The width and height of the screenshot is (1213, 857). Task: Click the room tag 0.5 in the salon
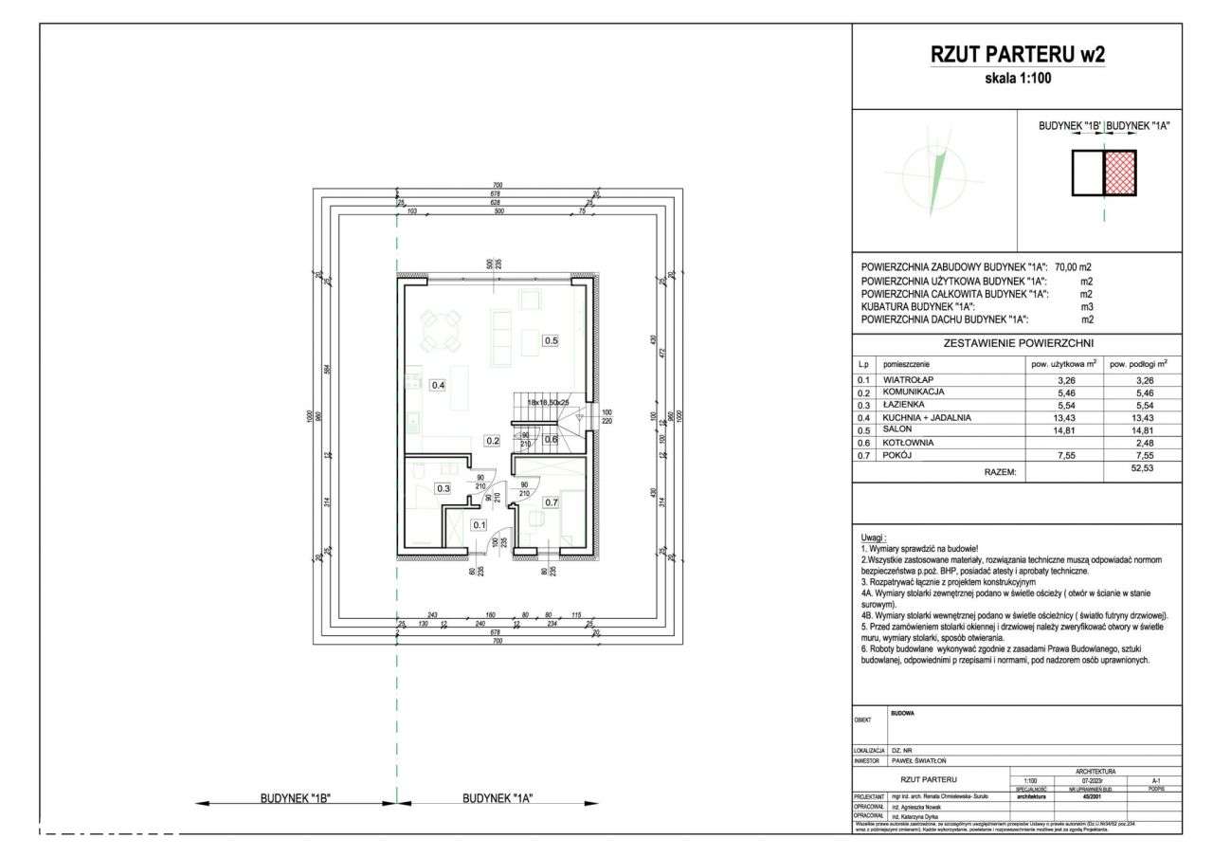coord(551,339)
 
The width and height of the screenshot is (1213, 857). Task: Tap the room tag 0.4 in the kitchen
coord(438,385)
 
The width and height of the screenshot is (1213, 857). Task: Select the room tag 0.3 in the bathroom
coord(443,488)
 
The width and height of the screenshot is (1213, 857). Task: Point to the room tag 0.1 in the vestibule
coord(480,524)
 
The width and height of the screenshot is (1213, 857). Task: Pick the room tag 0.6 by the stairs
coord(551,438)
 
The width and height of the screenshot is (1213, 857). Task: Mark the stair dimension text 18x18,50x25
coord(549,402)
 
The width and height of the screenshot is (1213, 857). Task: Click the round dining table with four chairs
coord(438,329)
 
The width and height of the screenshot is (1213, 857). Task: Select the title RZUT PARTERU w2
coord(1018,56)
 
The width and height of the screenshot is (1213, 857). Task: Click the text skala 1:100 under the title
coord(1018,80)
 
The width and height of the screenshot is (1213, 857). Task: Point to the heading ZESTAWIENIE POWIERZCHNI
coord(1017,343)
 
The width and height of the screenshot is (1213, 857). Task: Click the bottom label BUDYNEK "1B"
coord(295,798)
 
